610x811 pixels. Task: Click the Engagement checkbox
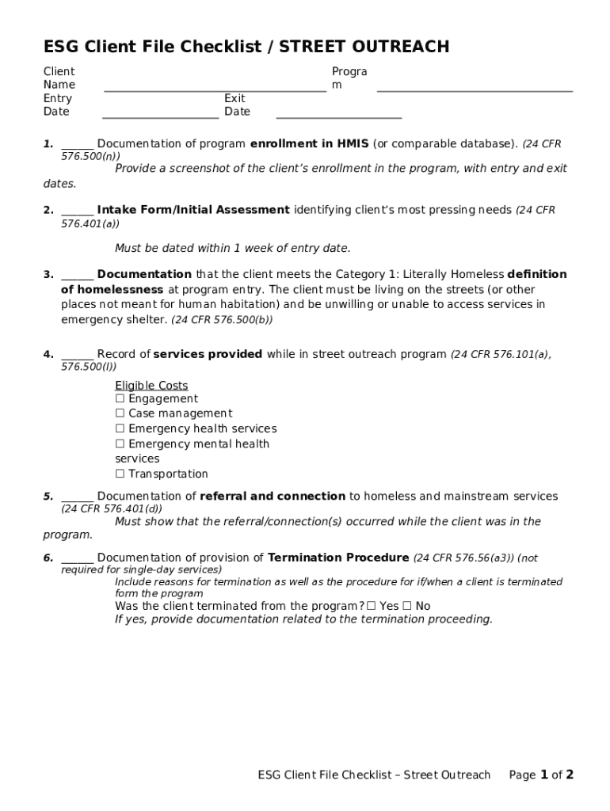point(120,399)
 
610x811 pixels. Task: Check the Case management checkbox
point(120,413)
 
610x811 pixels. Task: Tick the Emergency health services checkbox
point(120,428)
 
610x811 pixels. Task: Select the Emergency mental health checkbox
point(120,444)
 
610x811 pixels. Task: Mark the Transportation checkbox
point(120,474)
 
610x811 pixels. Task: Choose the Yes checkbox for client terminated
point(371,606)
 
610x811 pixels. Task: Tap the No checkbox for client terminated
point(406,606)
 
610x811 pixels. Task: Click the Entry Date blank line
point(160,116)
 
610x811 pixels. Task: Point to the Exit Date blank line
point(338,116)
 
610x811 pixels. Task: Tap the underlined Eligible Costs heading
point(151,385)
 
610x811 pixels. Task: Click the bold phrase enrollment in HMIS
point(309,143)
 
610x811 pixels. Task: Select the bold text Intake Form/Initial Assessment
point(193,210)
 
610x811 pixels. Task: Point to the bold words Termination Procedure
point(338,558)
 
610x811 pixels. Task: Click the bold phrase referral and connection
point(273,496)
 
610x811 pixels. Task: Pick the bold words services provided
point(208,354)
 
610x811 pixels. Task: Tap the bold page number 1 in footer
point(544,775)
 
